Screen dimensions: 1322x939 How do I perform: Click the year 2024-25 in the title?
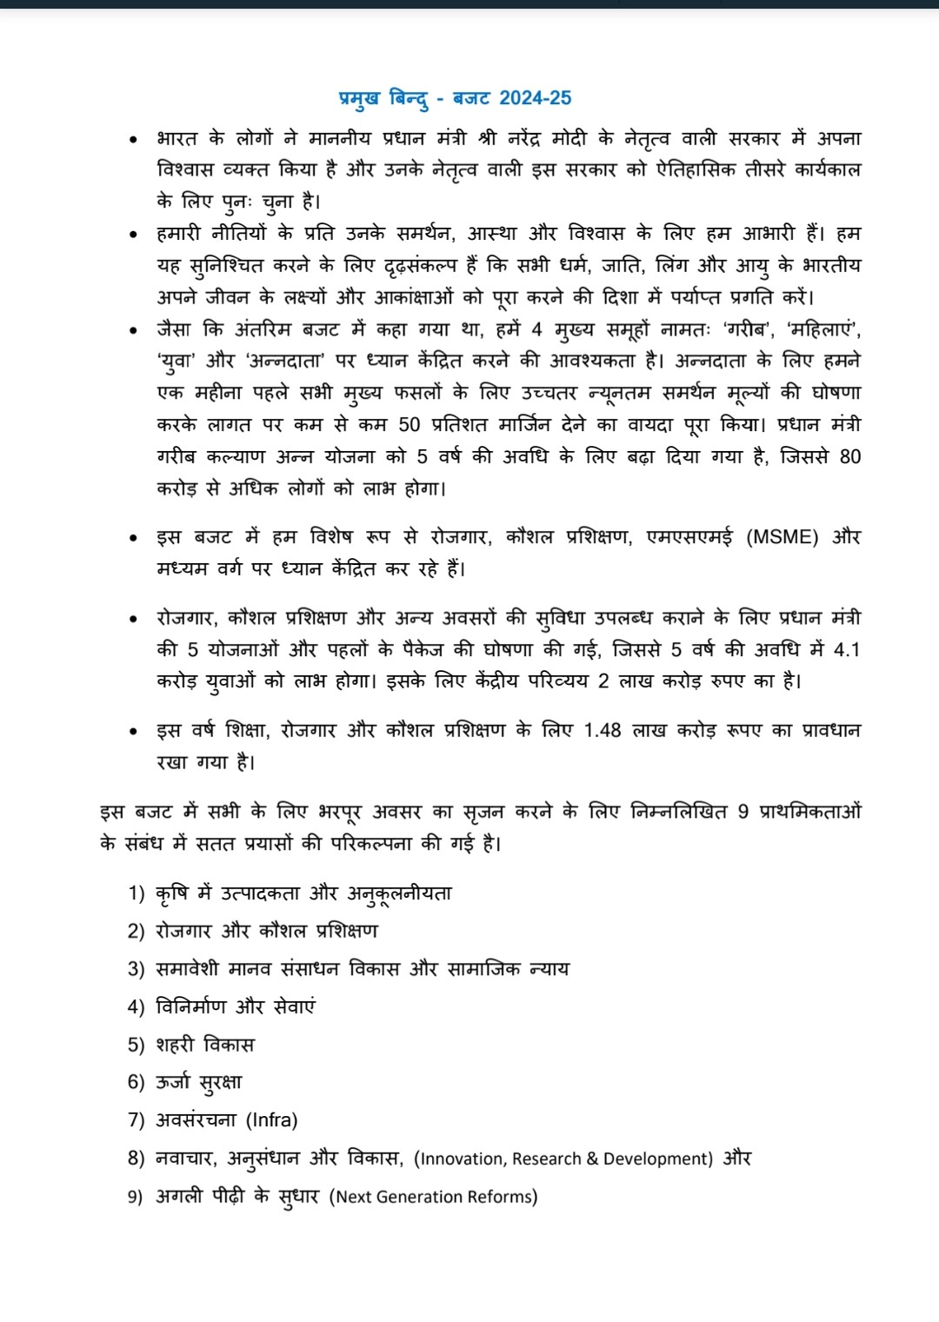(x=536, y=98)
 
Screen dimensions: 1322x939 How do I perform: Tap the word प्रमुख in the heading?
(x=358, y=98)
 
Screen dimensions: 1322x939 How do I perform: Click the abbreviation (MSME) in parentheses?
(x=782, y=537)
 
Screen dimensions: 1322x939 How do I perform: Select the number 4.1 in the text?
(x=846, y=649)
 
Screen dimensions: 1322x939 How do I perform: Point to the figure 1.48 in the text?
(x=603, y=730)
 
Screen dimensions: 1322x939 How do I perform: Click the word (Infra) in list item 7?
(x=272, y=1120)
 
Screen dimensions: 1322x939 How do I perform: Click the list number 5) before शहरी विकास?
(x=136, y=1045)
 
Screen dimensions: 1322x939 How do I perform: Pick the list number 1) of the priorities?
(x=136, y=894)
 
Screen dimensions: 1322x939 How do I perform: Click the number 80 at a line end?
(x=849, y=456)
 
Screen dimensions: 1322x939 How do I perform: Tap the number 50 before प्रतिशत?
(x=409, y=424)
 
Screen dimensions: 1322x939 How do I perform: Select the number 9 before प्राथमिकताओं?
(x=743, y=812)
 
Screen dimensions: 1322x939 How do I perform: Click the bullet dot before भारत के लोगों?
(x=132, y=139)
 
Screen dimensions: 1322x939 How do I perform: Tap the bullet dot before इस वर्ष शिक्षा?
(x=132, y=731)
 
